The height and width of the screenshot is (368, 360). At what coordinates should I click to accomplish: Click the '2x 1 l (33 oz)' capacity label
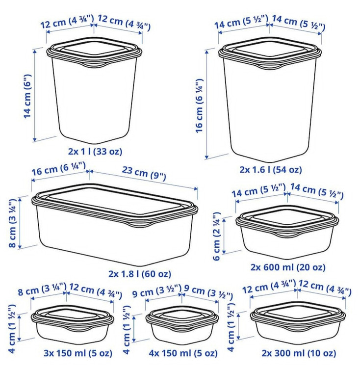coord(95,152)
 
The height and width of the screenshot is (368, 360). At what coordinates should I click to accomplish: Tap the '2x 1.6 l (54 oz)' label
coord(271,169)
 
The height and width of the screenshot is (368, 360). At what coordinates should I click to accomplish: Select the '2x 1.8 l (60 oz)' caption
coord(140,274)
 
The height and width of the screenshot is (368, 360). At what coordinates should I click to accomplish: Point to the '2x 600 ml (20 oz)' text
coord(288,267)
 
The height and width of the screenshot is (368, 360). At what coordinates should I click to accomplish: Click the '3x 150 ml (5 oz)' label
coord(78,353)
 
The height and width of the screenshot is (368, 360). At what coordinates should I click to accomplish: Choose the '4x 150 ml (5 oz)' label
coord(183,353)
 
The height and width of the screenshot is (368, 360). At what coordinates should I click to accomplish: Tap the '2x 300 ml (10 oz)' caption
coord(299,353)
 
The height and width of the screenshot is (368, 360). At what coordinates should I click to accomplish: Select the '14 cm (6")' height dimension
coord(27,96)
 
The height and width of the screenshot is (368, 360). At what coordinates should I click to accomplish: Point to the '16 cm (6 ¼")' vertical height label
coord(199,106)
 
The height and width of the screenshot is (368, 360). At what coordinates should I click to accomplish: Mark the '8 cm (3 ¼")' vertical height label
coord(12,223)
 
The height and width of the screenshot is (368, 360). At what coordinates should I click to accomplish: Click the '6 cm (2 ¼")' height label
coord(217,236)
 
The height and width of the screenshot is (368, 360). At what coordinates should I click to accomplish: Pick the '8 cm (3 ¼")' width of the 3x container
coord(42,289)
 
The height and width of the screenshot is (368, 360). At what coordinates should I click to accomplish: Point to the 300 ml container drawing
coord(298,323)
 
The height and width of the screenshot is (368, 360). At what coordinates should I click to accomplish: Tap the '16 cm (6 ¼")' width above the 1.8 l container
coord(59,168)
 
